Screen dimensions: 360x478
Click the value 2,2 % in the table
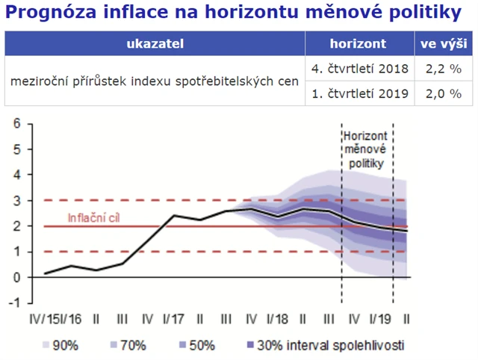(443, 69)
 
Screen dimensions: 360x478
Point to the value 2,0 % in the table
(443, 95)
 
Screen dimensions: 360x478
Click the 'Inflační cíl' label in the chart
(94, 218)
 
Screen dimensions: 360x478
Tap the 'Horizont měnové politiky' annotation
(367, 149)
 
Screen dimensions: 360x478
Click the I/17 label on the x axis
(174, 319)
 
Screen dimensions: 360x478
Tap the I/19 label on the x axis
(381, 319)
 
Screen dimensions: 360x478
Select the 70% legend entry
(131, 345)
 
